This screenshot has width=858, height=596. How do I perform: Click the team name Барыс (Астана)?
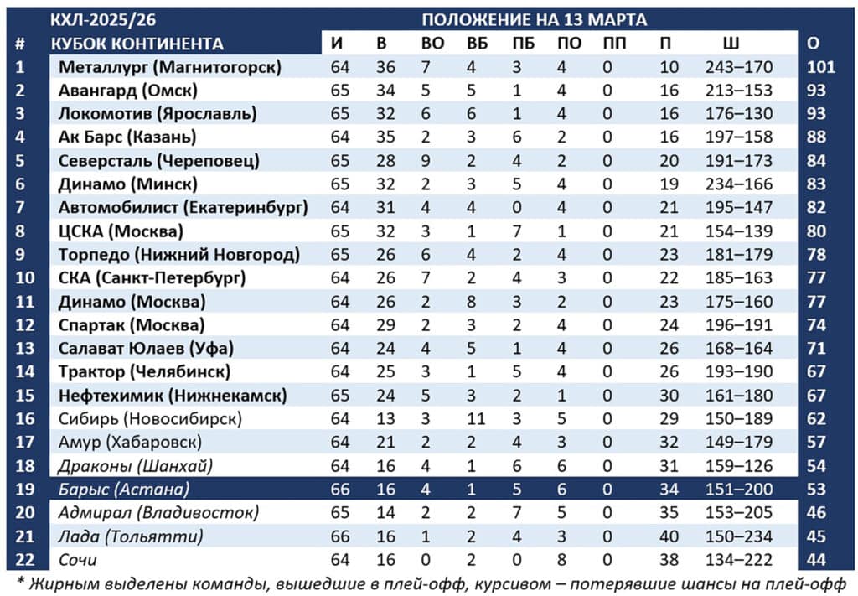124,489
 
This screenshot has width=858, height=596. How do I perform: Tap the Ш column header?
731,44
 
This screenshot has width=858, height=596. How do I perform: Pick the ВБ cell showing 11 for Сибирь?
476,418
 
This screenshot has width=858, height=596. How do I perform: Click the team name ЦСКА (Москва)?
121,231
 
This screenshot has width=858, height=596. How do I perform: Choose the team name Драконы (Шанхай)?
135,465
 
